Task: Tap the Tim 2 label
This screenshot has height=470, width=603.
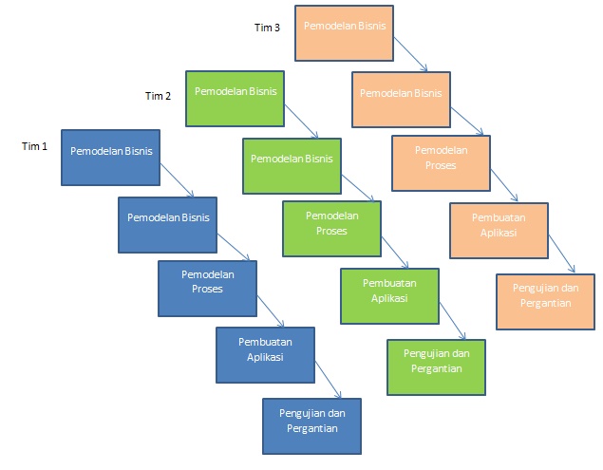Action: pos(158,96)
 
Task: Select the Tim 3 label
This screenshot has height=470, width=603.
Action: pos(267,28)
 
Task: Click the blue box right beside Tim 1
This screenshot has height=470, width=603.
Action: pos(110,157)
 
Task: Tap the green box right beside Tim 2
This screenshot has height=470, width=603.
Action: pos(235,98)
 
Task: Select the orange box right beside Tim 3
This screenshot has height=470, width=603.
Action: pos(344,31)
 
